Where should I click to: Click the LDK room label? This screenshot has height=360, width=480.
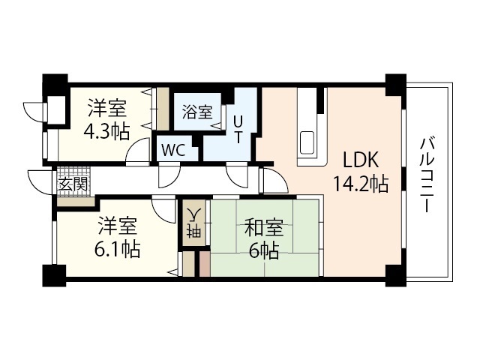pyautogui.click(x=361, y=160)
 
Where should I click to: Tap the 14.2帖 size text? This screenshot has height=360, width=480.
pyautogui.click(x=361, y=184)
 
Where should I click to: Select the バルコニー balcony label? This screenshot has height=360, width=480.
pyautogui.click(x=427, y=175)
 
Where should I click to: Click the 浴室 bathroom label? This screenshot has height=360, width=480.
pyautogui.click(x=197, y=112)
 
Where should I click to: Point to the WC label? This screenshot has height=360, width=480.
pyautogui.click(x=173, y=150)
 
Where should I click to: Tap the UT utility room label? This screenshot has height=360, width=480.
pyautogui.click(x=238, y=130)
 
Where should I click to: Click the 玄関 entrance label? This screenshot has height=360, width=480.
pyautogui.click(x=73, y=184)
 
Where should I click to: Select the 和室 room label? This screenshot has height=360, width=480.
pyautogui.click(x=264, y=228)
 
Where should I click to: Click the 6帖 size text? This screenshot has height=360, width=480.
pyautogui.click(x=264, y=251)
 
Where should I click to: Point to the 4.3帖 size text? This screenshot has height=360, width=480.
pyautogui.click(x=106, y=131)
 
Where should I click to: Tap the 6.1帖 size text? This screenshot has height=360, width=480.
pyautogui.click(x=117, y=249)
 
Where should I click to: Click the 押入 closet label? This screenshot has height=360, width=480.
pyautogui.click(x=193, y=222)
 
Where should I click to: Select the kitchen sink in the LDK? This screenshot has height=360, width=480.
pyautogui.click(x=307, y=142)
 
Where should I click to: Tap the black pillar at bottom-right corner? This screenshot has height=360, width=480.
pyautogui.click(x=395, y=275)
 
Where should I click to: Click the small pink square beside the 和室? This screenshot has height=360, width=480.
pyautogui.click(x=205, y=263)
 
